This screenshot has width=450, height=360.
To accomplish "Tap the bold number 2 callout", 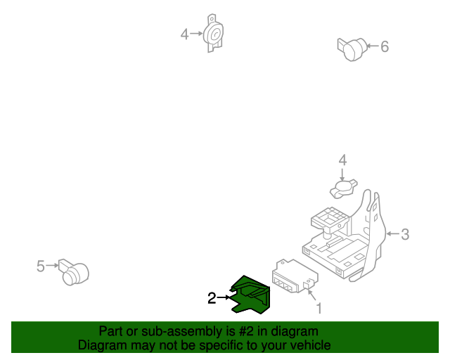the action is (212, 298).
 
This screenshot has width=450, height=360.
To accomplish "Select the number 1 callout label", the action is (319, 309).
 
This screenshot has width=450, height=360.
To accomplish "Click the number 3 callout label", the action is (405, 234).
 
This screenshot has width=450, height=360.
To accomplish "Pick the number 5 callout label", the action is (41, 266).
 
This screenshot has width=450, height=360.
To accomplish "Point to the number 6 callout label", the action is (385, 46).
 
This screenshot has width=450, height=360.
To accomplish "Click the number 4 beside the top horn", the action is (184, 34).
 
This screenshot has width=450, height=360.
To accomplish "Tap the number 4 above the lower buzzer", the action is (342, 160).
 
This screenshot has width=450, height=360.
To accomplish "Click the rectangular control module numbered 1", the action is (295, 276).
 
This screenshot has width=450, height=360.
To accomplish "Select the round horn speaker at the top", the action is (213, 33).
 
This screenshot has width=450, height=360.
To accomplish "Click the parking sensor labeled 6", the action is (352, 49).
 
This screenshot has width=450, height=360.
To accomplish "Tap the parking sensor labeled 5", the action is (74, 272).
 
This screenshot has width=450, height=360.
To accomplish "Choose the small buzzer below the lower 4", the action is (344, 188).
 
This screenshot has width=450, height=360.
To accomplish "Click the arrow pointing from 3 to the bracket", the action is (392, 234).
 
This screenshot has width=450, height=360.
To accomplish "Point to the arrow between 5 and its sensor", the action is (52, 266).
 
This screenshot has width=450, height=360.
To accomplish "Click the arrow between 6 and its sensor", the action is (373, 46).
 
